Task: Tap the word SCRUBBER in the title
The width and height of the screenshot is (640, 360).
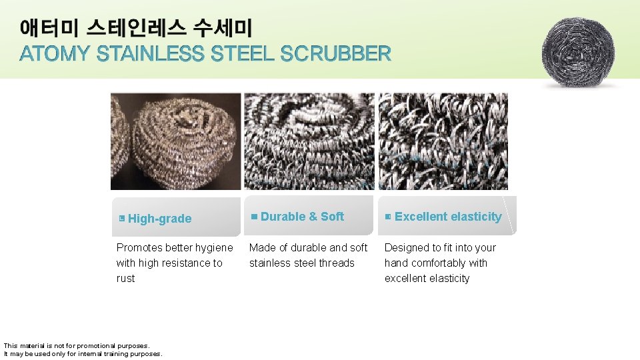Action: (336, 54)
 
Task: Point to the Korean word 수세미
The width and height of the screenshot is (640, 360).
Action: (223, 29)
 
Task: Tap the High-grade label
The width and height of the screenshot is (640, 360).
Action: (159, 219)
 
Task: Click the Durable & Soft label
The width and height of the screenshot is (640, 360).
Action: (302, 217)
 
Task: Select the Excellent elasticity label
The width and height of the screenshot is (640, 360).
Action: (448, 217)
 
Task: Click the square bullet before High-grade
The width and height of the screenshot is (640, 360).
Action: (121, 219)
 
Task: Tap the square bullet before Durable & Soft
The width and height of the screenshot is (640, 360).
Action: (254, 216)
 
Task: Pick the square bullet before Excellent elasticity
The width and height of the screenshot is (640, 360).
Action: (388, 217)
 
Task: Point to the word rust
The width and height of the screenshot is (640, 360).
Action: (125, 279)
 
